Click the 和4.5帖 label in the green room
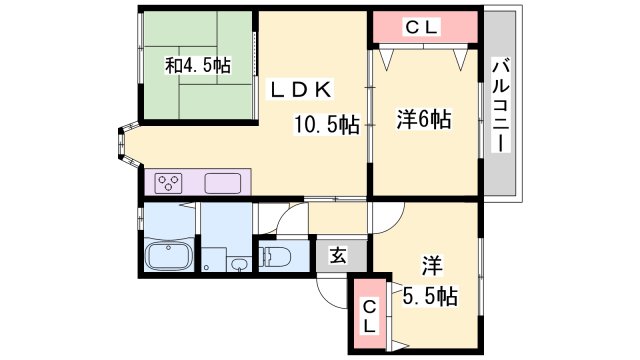pos(198,66)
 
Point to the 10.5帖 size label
pos(326,125)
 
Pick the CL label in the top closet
pos(422,28)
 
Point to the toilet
pos(275,257)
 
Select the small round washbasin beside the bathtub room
pos(240,265)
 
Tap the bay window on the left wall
pos(122,147)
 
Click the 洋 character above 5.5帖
pos(432,266)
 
